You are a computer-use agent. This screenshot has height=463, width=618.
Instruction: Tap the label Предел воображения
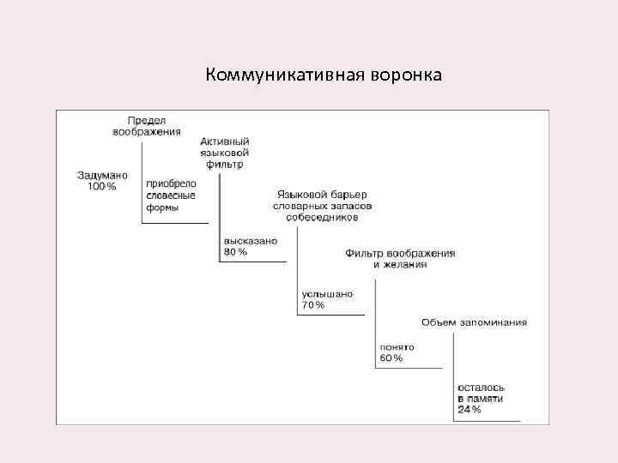click(146, 125)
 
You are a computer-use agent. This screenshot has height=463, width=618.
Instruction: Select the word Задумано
click(102, 175)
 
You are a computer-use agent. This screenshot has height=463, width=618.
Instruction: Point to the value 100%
click(102, 186)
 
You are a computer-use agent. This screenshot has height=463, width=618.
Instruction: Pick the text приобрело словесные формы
click(171, 195)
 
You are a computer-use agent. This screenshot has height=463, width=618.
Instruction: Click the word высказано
click(250, 242)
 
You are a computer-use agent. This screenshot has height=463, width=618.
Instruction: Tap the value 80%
click(235, 252)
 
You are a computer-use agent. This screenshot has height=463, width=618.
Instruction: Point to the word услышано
click(327, 294)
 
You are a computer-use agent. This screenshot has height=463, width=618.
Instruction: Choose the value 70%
click(312, 305)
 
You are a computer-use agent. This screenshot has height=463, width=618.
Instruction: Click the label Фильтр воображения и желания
click(400, 259)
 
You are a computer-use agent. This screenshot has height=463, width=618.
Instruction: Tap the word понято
click(397, 346)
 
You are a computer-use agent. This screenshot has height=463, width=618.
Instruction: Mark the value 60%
click(391, 358)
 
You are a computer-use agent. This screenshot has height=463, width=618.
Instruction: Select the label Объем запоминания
click(474, 322)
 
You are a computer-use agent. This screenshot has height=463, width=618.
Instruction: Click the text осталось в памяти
click(481, 394)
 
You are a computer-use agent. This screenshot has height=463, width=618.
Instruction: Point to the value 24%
click(470, 410)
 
